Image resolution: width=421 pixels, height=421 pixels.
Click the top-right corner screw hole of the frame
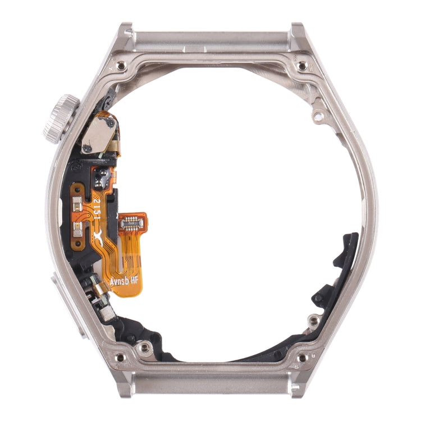(302, 66)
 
